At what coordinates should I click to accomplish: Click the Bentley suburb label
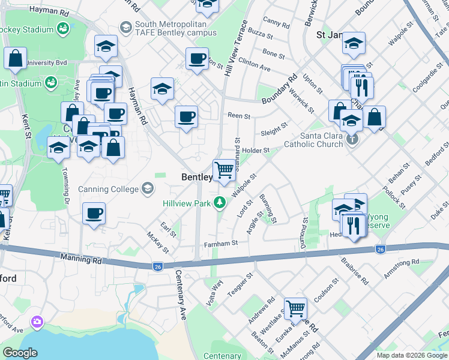(197, 177)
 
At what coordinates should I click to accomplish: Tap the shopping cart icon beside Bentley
(224, 170)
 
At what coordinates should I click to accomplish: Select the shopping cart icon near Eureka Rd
(295, 309)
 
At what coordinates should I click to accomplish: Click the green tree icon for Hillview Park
(220, 203)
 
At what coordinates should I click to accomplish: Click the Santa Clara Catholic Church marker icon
(352, 139)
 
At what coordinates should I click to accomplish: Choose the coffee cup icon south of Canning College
(94, 214)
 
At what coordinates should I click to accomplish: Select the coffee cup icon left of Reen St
(186, 116)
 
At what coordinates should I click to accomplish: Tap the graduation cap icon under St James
(354, 44)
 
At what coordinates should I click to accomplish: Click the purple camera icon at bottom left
(38, 323)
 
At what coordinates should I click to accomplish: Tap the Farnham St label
(221, 243)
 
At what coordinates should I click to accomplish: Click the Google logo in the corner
(20, 353)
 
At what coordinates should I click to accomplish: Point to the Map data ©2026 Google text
(411, 355)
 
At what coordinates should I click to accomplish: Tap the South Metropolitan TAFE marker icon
(126, 27)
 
